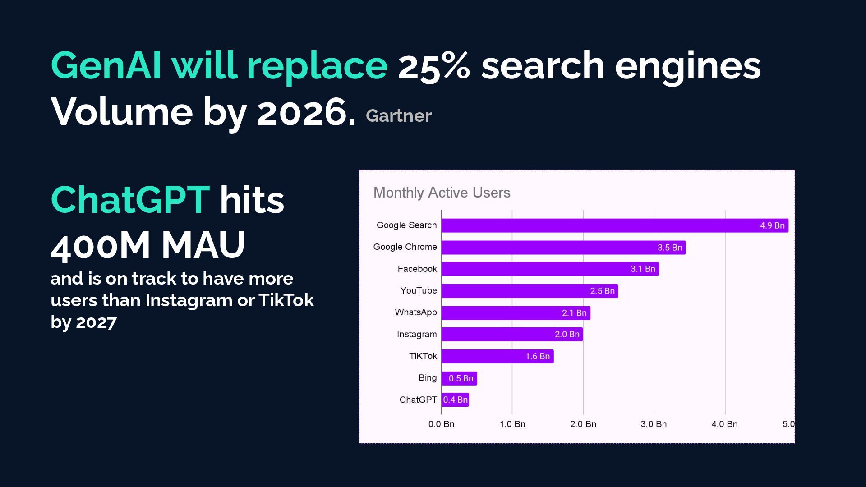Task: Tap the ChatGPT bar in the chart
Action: coord(455,400)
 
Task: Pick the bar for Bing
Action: coord(459,378)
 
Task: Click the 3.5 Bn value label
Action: coord(670,248)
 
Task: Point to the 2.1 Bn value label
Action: coord(574,313)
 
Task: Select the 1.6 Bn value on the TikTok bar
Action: coord(538,356)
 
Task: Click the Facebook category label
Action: coord(417,269)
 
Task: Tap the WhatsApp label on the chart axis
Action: coord(416,312)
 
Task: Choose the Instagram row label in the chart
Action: coord(417,334)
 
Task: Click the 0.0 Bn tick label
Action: coord(441,424)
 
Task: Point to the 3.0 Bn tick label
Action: coord(654,424)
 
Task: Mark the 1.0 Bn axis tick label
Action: coord(512,424)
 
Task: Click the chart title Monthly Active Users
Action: coord(442,193)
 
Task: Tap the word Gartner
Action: coord(399,116)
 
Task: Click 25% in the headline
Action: coord(434,66)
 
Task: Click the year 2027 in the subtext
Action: coord(96,322)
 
